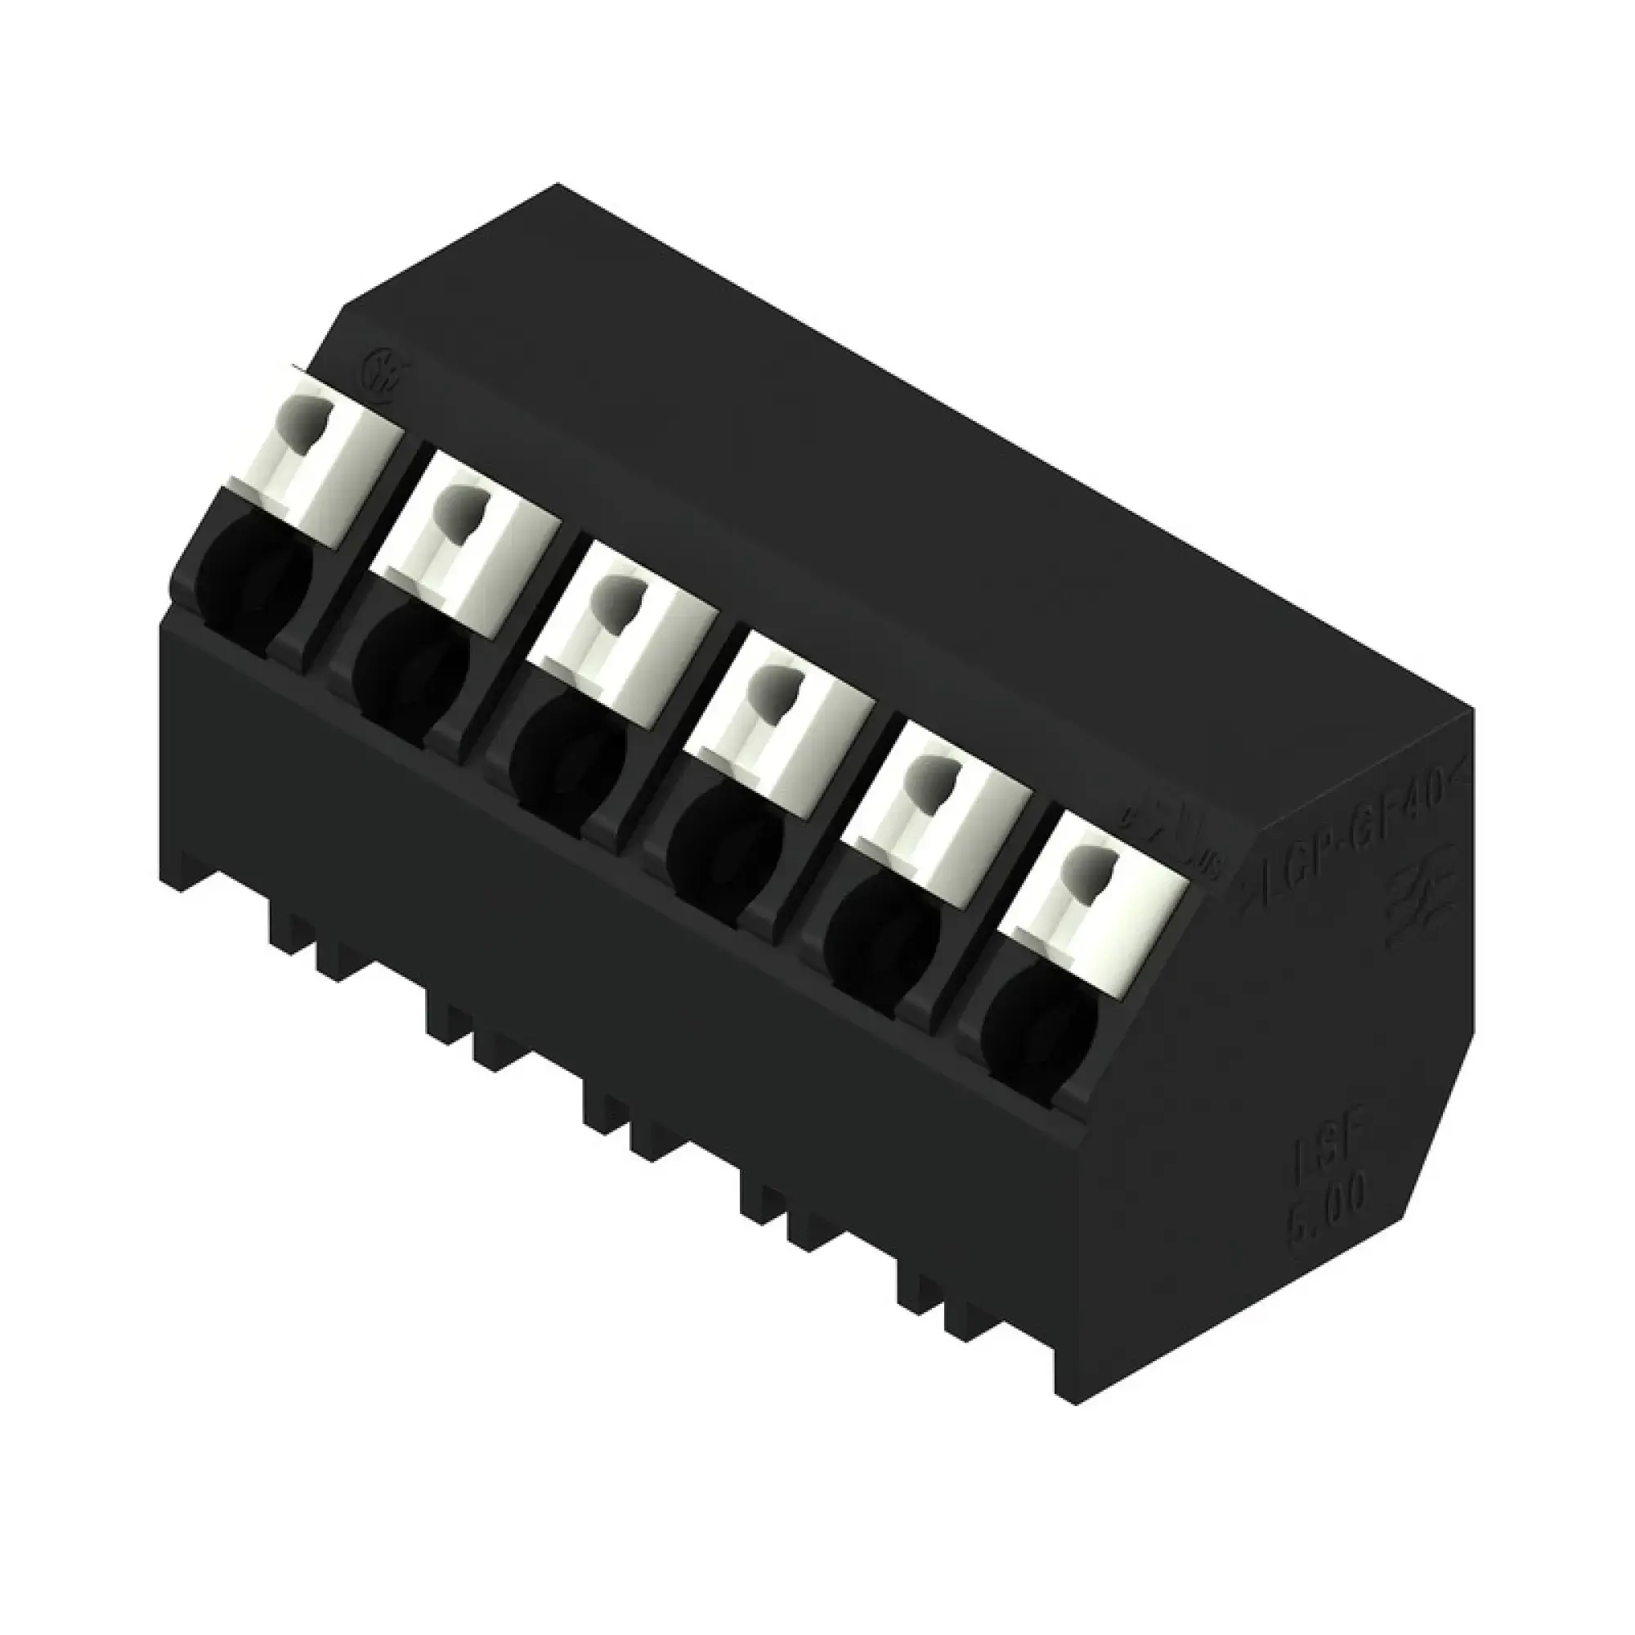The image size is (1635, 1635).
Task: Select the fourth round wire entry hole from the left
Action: [x=724, y=838]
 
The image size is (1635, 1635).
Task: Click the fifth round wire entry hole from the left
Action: [x=880, y=931]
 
